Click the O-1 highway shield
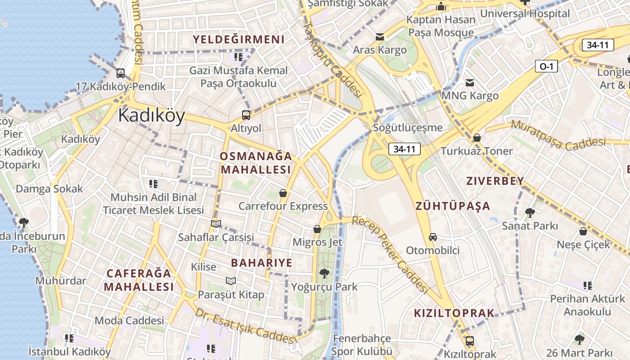coord(546,67)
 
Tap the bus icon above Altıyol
coord(246,115)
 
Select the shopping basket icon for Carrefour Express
coord(283,193)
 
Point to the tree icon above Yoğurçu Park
coord(324,273)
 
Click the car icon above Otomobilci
coord(433,237)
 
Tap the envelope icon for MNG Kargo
coord(470,83)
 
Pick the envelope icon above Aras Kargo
coord(380,36)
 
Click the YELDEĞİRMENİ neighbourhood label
coord(239,40)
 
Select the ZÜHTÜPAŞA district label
coord(453,206)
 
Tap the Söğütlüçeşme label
coord(408,128)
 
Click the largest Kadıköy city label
coord(151,116)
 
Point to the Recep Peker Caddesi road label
coord(390,254)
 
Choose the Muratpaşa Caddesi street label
coord(558,135)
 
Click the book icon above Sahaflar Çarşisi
coord(216,224)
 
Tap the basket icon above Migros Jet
coord(317,229)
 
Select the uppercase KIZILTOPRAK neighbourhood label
coord(454,313)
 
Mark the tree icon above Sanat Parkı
coord(530,212)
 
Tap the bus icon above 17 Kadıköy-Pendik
coord(121,73)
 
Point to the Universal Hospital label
coord(525,13)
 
